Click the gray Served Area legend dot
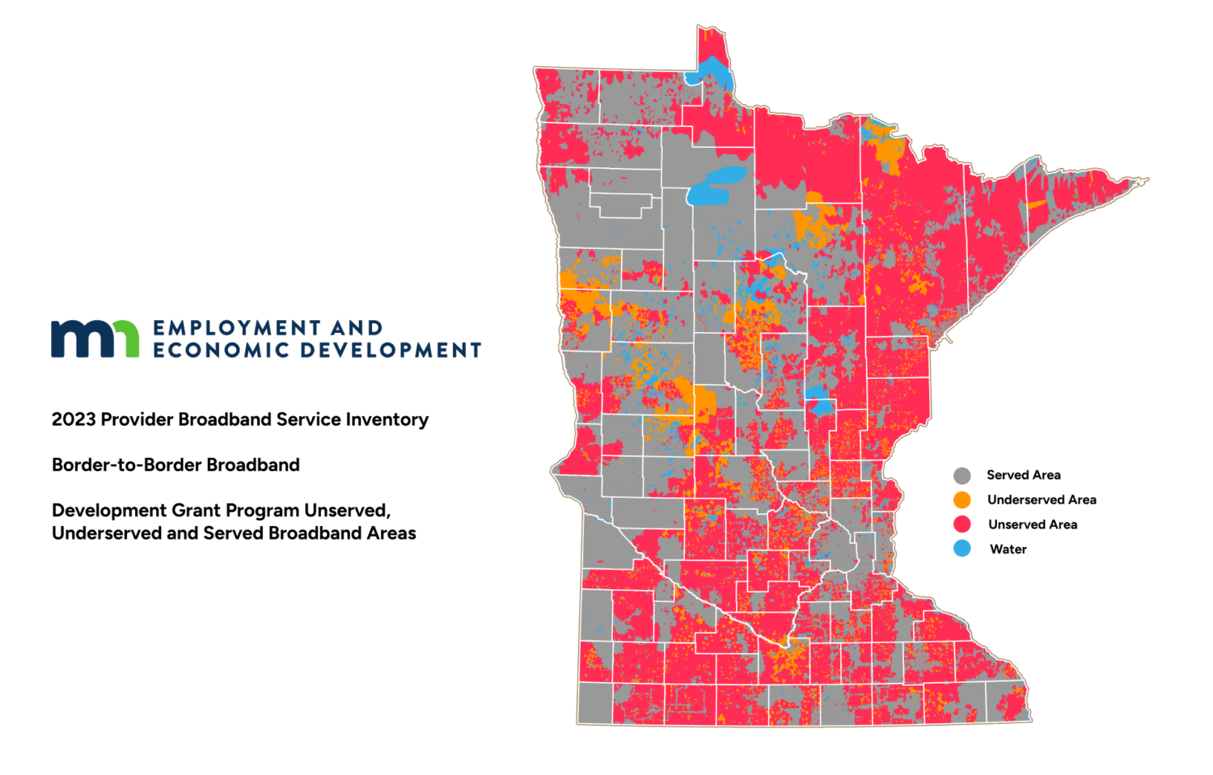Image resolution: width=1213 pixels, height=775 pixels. (962, 475)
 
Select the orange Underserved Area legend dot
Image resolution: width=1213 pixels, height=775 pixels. (962, 499)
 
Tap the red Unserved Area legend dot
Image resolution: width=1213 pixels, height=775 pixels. (962, 524)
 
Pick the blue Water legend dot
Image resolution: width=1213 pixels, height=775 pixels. (962, 549)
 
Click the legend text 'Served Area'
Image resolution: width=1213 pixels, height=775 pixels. (1023, 475)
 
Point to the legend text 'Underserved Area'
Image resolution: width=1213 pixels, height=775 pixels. (1042, 499)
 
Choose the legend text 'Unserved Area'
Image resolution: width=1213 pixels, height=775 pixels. (1032, 524)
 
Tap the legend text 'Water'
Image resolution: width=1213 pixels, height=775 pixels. (1008, 550)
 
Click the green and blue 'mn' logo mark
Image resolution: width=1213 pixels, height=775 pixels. (95, 339)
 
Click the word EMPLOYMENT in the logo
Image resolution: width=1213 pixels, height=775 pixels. (226, 328)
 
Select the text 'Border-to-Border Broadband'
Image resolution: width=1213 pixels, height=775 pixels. (175, 465)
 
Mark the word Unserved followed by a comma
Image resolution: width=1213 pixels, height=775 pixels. (348, 511)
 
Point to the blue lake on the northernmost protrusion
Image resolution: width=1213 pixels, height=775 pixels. (712, 74)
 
